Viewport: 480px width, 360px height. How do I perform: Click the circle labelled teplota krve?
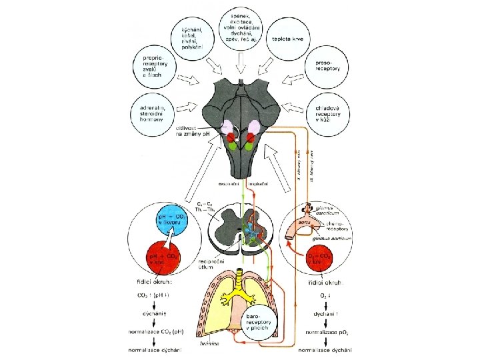tap(288, 39)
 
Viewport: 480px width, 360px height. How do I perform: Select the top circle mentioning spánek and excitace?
tap(241, 26)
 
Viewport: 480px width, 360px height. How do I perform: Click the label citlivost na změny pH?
tap(193, 131)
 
